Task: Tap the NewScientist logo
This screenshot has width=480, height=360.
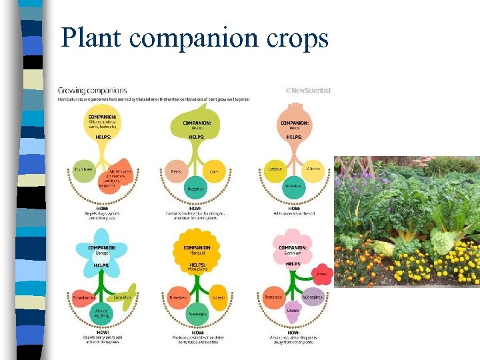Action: (308, 91)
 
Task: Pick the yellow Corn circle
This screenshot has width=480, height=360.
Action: (214, 171)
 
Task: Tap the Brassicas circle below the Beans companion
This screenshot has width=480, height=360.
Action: (195, 189)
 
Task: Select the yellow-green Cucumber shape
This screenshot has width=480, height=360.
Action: (123, 296)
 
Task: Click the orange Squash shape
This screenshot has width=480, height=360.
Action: (217, 298)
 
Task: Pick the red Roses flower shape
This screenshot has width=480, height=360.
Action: (322, 273)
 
